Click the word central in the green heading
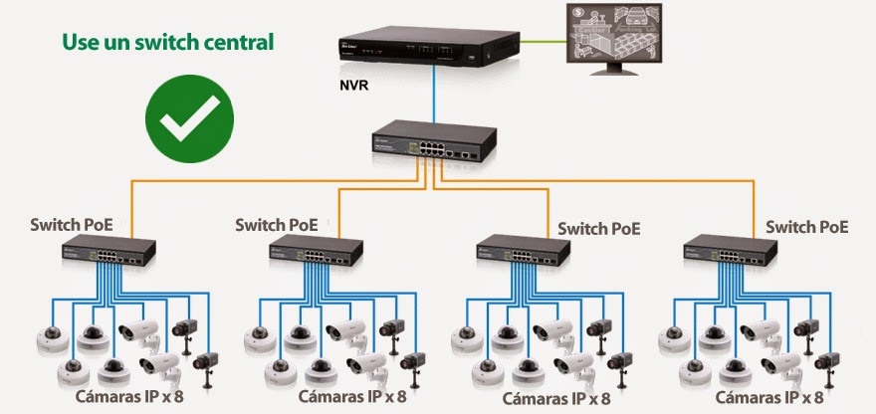[236, 43]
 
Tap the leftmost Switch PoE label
[72, 225]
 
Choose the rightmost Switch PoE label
[806, 227]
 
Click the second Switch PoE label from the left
[277, 225]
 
